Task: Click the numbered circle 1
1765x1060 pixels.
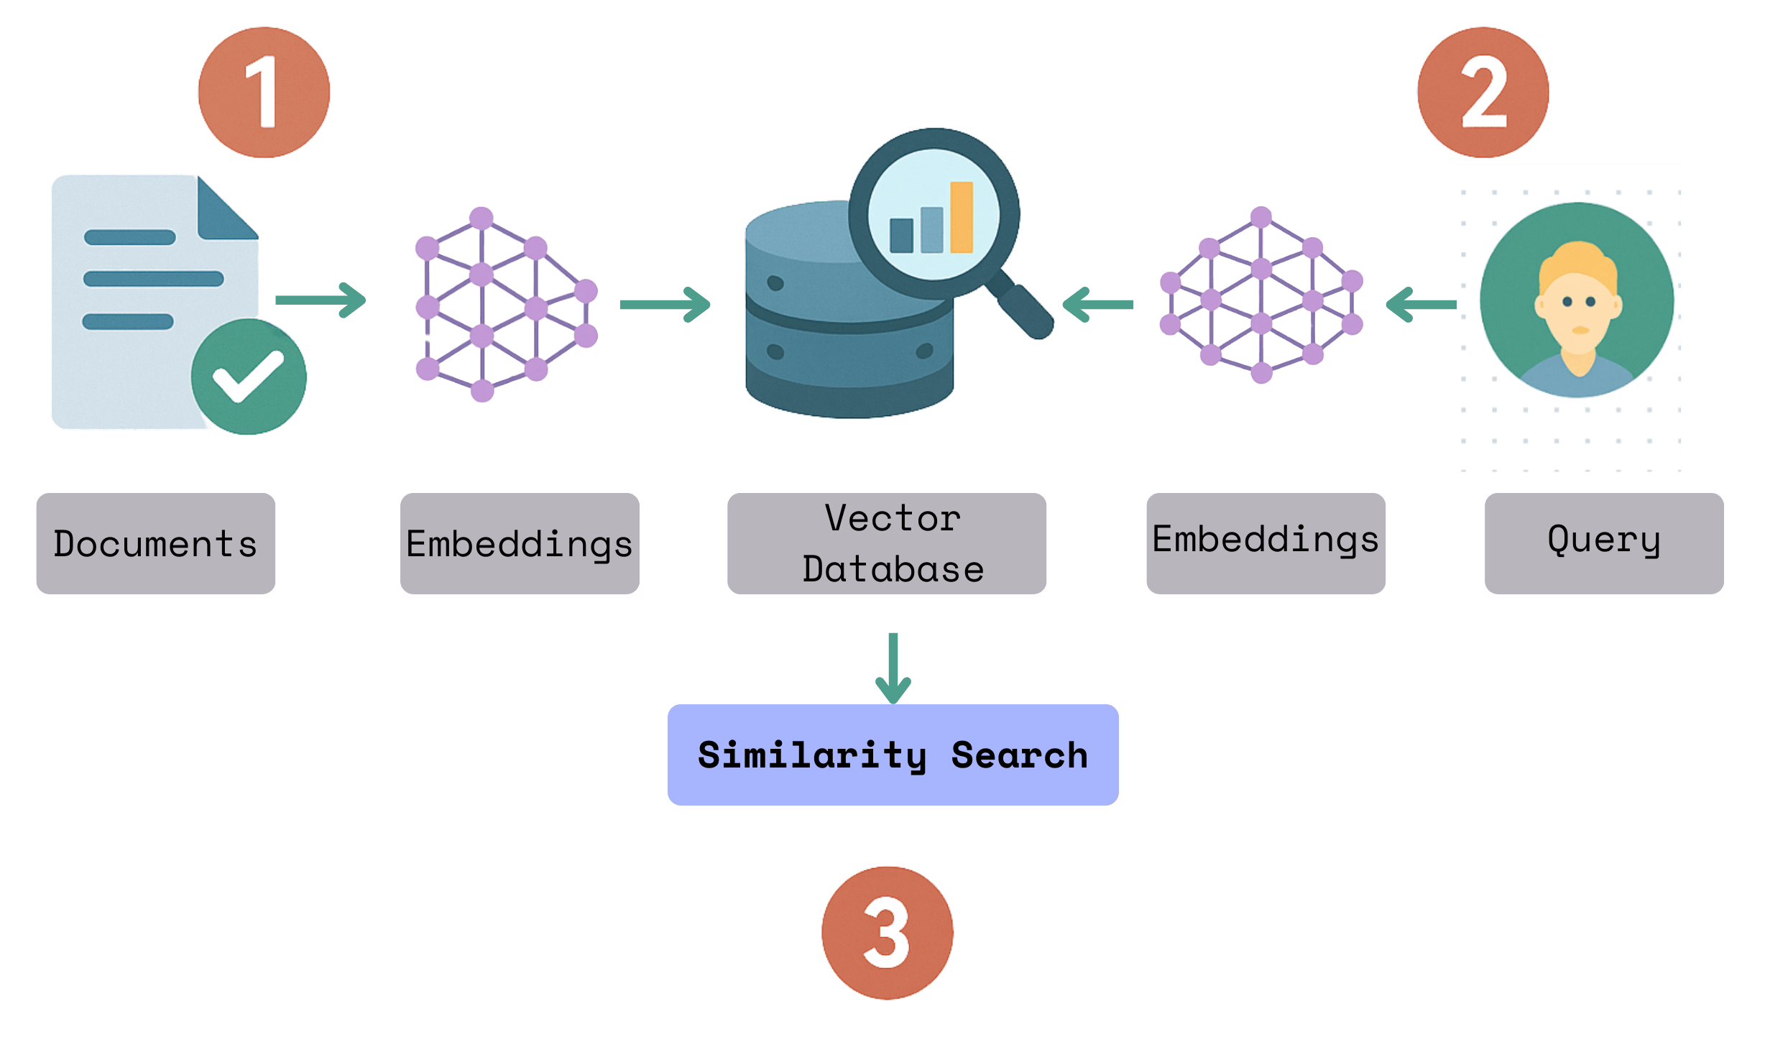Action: pyautogui.click(x=264, y=92)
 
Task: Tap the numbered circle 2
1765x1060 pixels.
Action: pyautogui.click(x=1483, y=92)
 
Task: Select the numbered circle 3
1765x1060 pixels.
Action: pyautogui.click(x=887, y=932)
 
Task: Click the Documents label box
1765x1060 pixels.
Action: pyautogui.click(x=156, y=543)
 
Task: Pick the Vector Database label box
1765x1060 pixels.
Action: pyautogui.click(x=887, y=543)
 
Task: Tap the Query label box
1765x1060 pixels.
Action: pyautogui.click(x=1604, y=543)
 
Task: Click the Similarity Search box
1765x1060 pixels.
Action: pyautogui.click(x=893, y=755)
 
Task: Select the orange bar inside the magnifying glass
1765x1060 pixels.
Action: pyautogui.click(x=962, y=217)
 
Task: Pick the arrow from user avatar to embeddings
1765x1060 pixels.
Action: pyautogui.click(x=1420, y=305)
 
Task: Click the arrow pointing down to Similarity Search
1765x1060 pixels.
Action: pyautogui.click(x=893, y=668)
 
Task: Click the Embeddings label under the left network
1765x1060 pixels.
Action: pyautogui.click(x=520, y=543)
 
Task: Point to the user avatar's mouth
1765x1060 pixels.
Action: pyautogui.click(x=1580, y=331)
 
